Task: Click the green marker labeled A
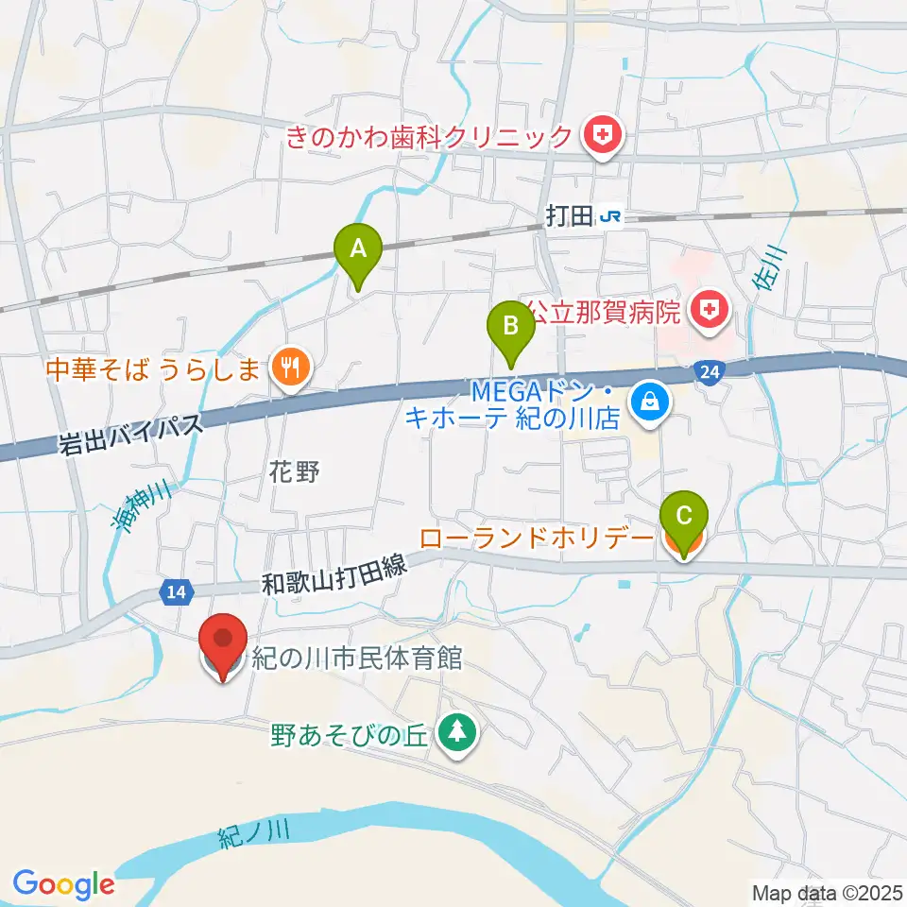358,250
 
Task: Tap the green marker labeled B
510,329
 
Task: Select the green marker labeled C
685,518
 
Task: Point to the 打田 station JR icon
611,216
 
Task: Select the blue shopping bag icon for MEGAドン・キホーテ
650,402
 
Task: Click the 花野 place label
296,473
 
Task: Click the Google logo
63,883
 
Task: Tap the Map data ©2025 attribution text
827,892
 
